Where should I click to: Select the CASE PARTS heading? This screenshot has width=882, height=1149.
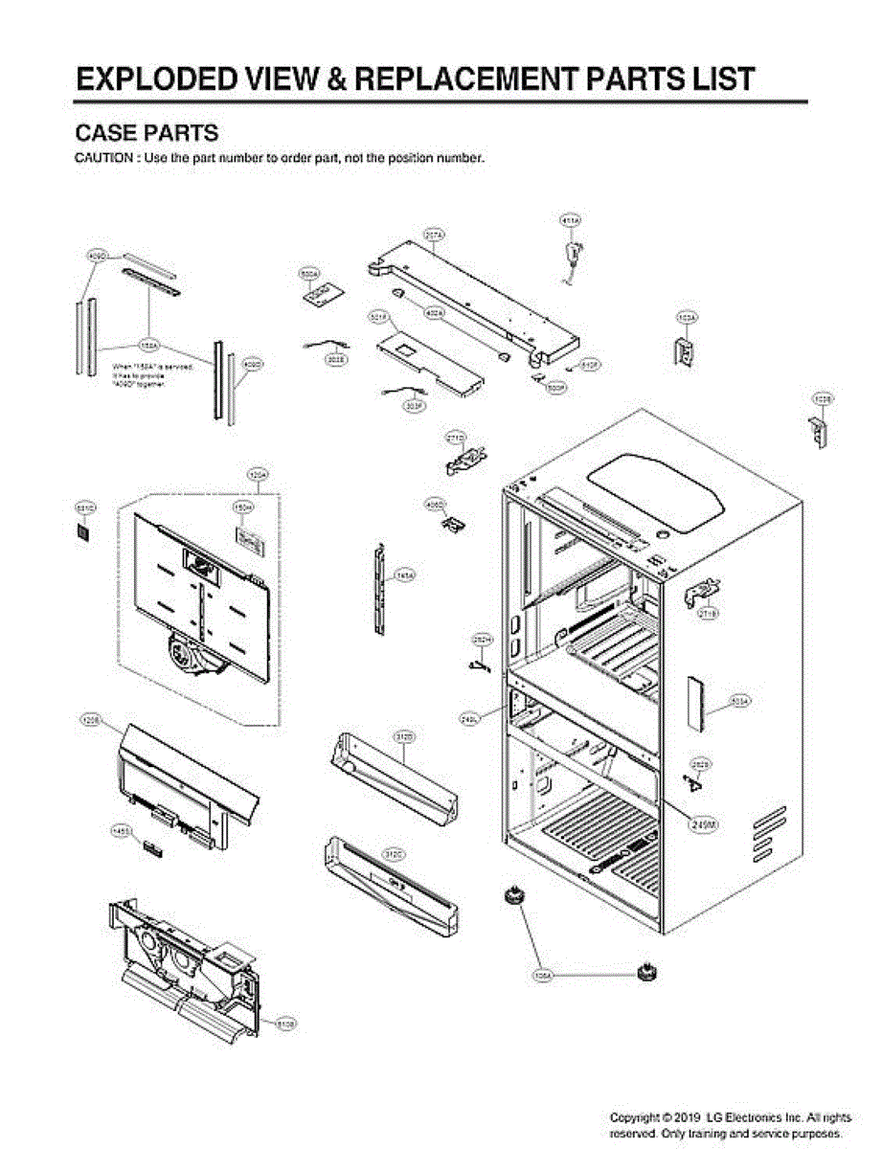click(x=147, y=133)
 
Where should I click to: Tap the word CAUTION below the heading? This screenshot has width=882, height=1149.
click(x=104, y=158)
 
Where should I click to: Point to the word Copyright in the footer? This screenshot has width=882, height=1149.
click(x=640, y=1117)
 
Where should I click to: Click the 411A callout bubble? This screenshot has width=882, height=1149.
click(x=571, y=221)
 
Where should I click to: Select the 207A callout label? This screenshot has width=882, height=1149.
click(x=434, y=234)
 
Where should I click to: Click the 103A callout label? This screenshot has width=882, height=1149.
click(x=687, y=316)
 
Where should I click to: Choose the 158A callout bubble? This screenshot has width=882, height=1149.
click(x=149, y=344)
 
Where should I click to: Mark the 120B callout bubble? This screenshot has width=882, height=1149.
click(x=90, y=717)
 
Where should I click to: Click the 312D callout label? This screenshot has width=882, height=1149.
click(x=404, y=736)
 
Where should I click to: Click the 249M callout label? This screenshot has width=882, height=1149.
click(x=702, y=822)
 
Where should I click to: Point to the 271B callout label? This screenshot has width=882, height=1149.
click(x=708, y=613)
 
